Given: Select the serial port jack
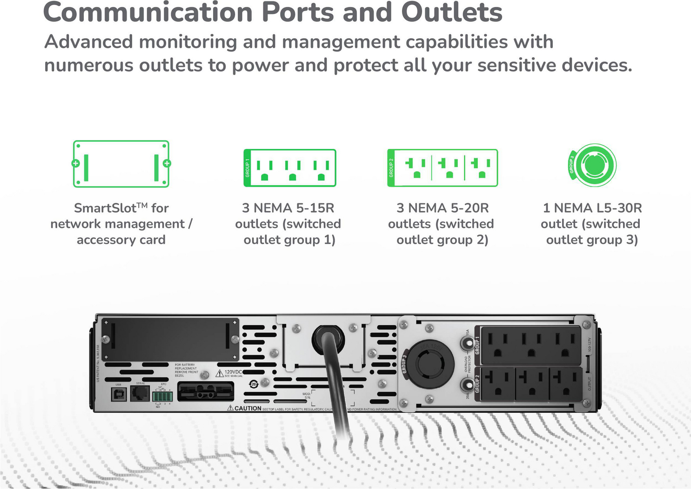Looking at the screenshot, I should pos(140,394).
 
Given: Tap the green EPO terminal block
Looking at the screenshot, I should pos(162,396).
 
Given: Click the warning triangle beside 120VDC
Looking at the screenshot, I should pos(220,373).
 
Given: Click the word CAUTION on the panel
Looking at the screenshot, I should pos(248,408).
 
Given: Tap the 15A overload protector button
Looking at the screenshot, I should pos(465,343).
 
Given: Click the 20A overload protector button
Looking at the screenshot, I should pos(465,385).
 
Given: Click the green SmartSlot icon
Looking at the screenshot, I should pos(121,164).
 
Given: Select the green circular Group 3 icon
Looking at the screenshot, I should pos(592,165).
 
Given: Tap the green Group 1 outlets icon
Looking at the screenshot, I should pos(289,168).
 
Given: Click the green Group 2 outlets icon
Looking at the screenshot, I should pos(442,168).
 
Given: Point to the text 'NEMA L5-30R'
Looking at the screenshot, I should pos(597,208).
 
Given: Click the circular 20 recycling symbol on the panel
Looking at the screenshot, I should pos(254,384).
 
